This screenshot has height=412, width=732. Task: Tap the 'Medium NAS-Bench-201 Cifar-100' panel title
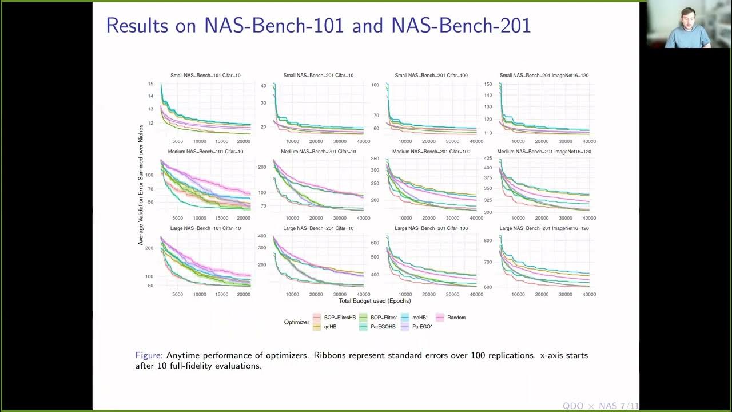click(431, 152)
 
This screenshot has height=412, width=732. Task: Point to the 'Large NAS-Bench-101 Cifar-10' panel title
click(205, 228)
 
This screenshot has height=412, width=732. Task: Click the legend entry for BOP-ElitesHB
click(335, 318)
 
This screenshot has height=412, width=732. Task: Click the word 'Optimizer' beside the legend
click(297, 322)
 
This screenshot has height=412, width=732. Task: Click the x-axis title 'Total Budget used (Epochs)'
click(375, 301)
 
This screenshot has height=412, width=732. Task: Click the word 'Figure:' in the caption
click(149, 355)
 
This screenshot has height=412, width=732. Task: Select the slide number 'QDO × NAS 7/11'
click(600, 406)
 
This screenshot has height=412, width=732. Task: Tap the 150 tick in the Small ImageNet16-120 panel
click(488, 84)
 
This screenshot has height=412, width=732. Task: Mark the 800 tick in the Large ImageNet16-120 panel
click(488, 241)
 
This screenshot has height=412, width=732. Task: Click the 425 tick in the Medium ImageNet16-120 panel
click(488, 158)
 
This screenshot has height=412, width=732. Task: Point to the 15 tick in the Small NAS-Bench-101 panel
click(150, 84)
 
